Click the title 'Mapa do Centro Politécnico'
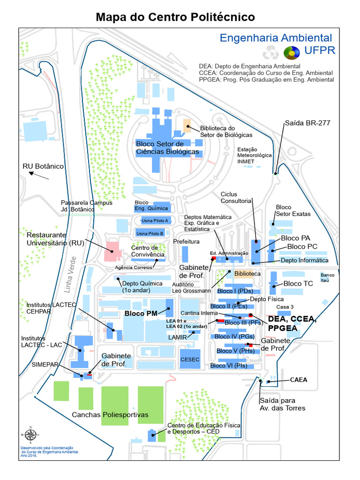[x=175, y=17]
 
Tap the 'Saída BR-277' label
[x=307, y=123]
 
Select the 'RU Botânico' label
[x=43, y=166]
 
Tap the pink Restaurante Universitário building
[x=113, y=251]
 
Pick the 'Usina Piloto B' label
[x=150, y=233]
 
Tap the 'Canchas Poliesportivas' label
[x=110, y=415]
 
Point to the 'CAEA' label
[x=299, y=380]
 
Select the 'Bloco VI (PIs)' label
[x=229, y=366]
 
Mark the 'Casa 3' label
[x=285, y=307]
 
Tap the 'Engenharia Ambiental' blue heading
[x=276, y=38]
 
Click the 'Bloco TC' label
[x=298, y=284]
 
